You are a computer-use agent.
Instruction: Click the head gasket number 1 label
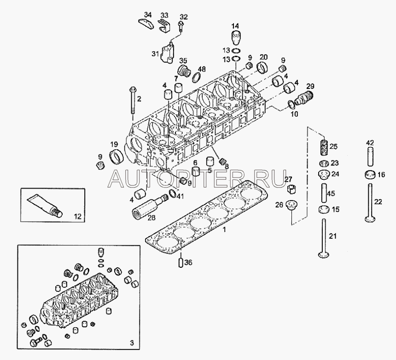tap(224, 229)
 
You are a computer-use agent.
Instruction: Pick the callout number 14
tap(235, 26)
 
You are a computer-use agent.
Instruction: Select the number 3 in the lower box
tap(131, 343)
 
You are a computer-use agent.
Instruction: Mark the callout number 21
tap(333, 236)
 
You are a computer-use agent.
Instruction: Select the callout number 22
tap(379, 201)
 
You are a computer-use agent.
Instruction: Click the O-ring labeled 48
tap(196, 76)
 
